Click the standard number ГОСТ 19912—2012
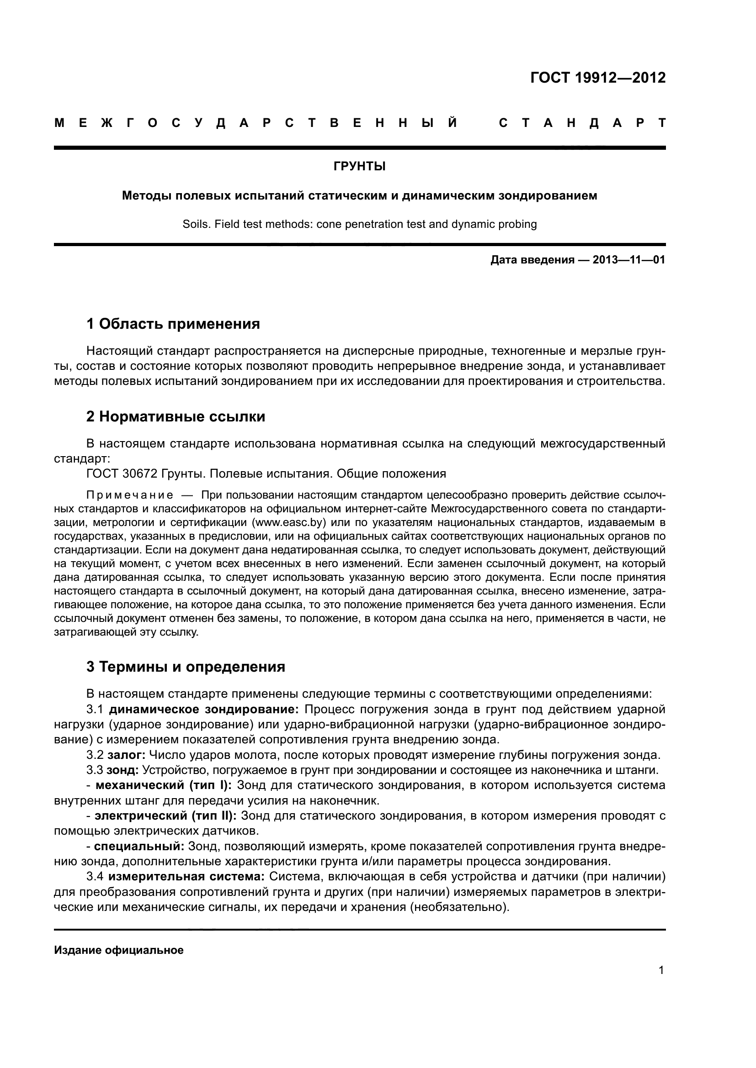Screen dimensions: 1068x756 [x=598, y=78]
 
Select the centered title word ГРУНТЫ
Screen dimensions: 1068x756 [x=359, y=167]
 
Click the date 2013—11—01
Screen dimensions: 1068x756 [x=628, y=260]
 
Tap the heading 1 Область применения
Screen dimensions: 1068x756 [x=173, y=324]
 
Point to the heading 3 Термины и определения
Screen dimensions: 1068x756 [x=185, y=667]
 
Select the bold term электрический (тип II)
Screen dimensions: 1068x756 [x=165, y=816]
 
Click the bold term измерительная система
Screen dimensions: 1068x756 [x=186, y=877]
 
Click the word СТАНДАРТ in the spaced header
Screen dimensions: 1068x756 [x=582, y=123]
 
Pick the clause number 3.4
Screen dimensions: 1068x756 [x=95, y=877]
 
